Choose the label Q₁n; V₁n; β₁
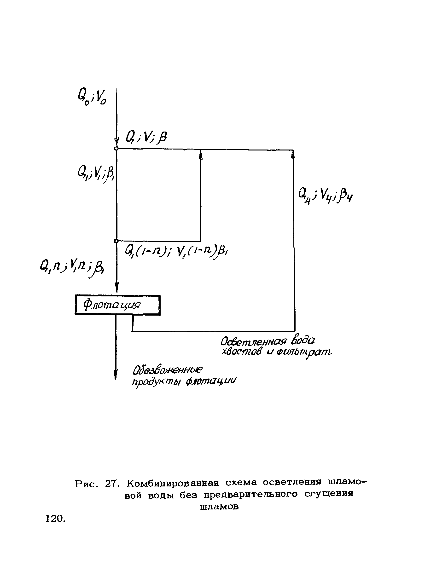pos(72,267)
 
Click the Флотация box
pos(117,305)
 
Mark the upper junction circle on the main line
pos(116,148)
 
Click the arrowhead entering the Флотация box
pos(117,287)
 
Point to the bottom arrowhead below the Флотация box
pos(116,374)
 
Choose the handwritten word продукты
pos(154,382)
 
